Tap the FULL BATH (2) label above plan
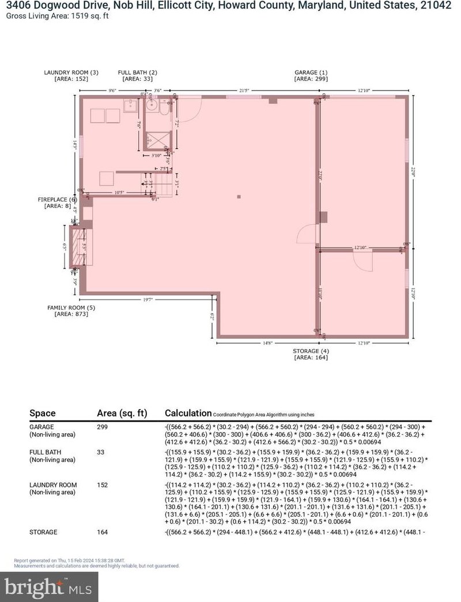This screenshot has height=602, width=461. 137,72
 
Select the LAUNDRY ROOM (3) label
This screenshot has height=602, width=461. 71,72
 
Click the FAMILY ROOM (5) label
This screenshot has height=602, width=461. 71,308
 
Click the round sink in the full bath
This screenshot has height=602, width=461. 152,106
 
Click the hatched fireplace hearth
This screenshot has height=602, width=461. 75,245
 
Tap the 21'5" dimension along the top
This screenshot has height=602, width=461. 245,90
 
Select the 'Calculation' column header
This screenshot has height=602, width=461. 188,413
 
